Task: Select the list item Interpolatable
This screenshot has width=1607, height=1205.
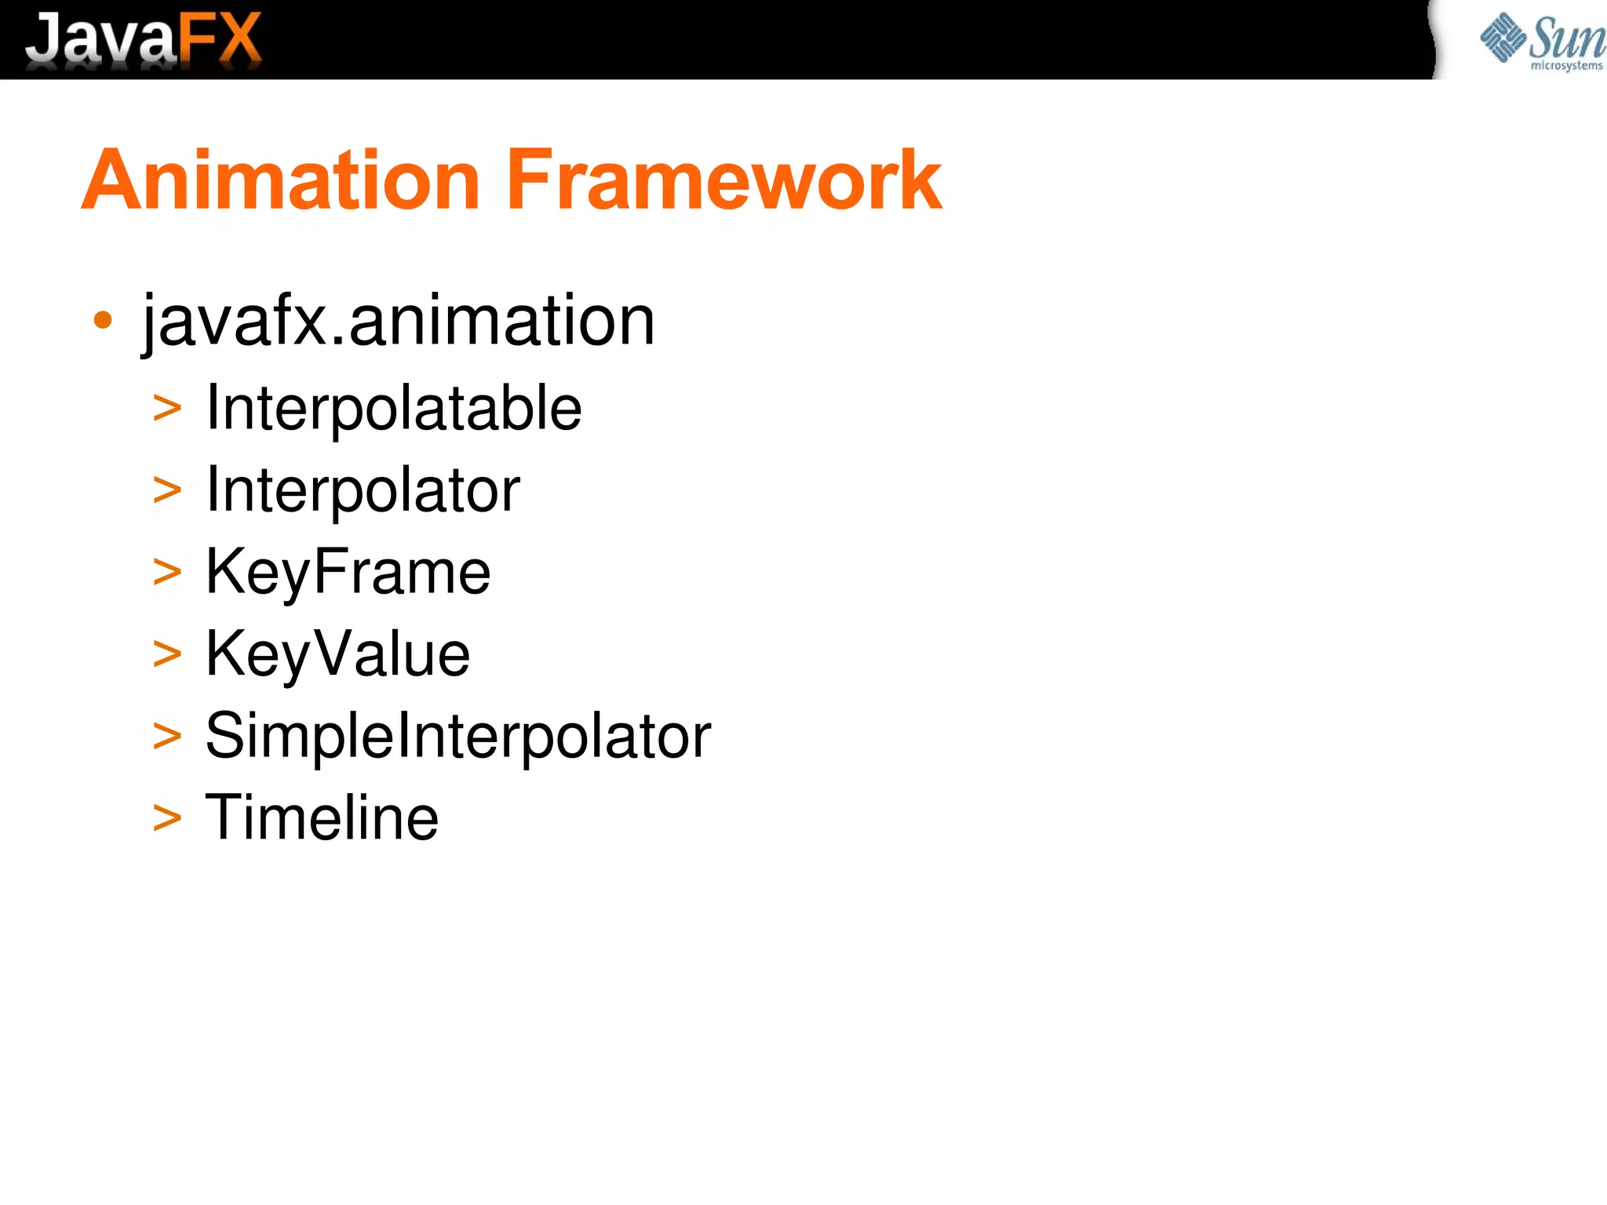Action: [393, 409]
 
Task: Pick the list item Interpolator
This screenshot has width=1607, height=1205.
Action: [363, 490]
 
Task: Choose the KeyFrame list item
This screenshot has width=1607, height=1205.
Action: [348, 572]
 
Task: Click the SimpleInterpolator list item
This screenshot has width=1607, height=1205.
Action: [457, 736]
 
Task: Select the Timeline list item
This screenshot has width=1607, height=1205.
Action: [322, 817]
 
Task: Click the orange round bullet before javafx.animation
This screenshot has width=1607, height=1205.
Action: [103, 320]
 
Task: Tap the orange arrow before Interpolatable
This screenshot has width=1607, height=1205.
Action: [167, 409]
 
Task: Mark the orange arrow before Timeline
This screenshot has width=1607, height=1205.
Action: [167, 819]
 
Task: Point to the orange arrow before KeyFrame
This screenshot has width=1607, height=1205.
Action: [167, 573]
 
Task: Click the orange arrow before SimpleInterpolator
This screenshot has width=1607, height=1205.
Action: [167, 737]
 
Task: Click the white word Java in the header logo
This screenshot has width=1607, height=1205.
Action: [100, 39]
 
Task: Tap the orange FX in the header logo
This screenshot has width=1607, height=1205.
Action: [220, 39]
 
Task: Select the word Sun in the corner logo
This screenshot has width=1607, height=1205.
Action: [1566, 37]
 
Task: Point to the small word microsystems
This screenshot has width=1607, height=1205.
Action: [1566, 66]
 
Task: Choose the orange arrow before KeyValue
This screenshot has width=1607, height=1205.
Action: [167, 654]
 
